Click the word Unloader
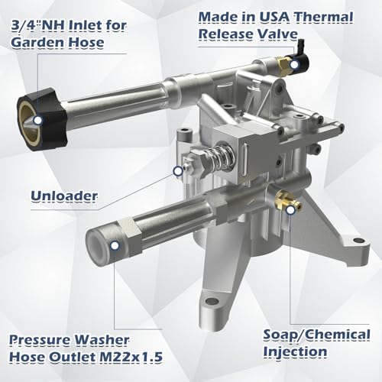click(x=64, y=196)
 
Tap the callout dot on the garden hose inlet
click(x=38, y=120)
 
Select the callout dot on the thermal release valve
click(x=294, y=64)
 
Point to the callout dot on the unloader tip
click(x=178, y=171)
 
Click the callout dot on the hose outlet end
click(x=115, y=245)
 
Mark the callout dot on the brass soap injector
click(x=290, y=210)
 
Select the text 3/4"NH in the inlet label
click(x=39, y=26)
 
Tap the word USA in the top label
click(x=274, y=17)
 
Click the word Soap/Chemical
click(x=316, y=335)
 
